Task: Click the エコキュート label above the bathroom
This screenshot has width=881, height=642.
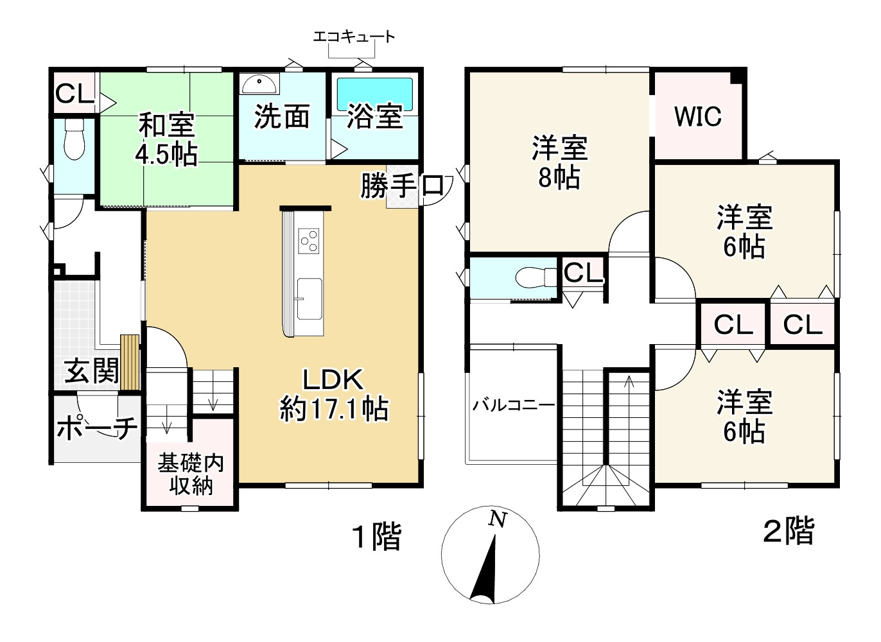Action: [x=354, y=37]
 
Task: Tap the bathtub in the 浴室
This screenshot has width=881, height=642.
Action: [x=375, y=94]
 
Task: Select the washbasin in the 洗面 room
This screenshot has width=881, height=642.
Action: [x=259, y=84]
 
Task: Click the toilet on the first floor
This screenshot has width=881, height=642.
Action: [x=74, y=139]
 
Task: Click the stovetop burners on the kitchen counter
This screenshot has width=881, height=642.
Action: [x=309, y=241]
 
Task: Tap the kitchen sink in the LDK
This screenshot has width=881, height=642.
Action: [x=309, y=299]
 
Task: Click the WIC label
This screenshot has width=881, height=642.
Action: [x=698, y=116]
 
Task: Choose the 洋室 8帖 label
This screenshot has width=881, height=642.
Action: [x=559, y=162]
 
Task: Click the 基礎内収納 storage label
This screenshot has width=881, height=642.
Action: [x=191, y=474]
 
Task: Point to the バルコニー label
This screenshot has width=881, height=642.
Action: [x=513, y=405]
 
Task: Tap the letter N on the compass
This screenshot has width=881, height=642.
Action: [x=497, y=519]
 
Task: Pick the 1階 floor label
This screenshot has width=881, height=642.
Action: [x=377, y=536]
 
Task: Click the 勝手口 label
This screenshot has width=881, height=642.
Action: [x=402, y=186]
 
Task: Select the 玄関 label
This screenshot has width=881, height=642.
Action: [x=91, y=370]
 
